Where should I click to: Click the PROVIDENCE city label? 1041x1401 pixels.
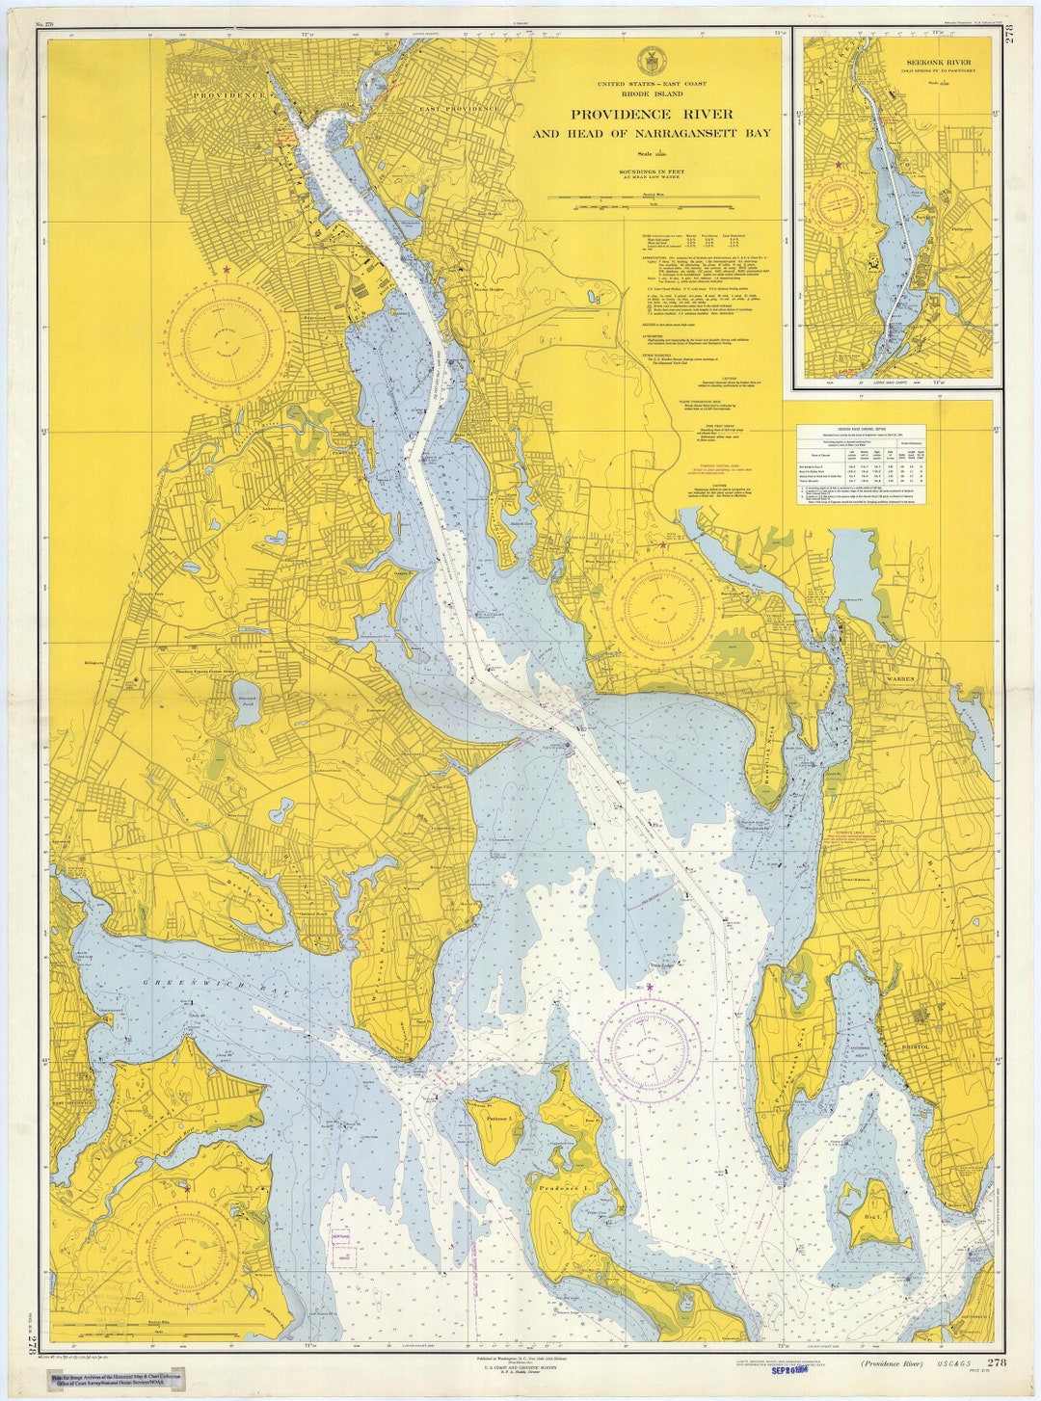coord(228,96)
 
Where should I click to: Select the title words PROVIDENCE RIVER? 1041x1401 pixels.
coord(652,115)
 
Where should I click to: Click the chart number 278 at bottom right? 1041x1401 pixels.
coord(996,1362)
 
